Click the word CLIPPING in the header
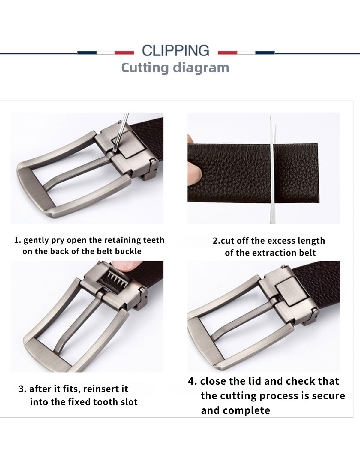(175, 51)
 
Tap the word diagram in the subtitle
(201, 68)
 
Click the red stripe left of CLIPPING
(124, 52)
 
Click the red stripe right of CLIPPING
(228, 52)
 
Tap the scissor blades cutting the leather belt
(272, 170)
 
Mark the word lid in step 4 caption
(255, 381)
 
